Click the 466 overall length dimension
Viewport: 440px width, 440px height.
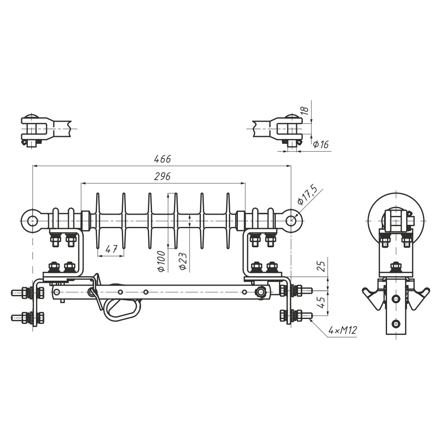(162, 159)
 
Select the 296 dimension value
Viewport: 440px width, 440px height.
(162, 176)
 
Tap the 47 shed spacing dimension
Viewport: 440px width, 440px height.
(111, 249)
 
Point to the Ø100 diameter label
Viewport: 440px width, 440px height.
(161, 261)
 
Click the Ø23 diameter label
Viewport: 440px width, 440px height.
(183, 261)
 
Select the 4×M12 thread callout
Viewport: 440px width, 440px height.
(343, 330)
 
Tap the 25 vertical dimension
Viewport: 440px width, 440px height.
(322, 266)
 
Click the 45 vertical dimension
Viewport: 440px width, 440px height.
(322, 301)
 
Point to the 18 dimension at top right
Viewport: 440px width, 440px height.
(306, 110)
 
